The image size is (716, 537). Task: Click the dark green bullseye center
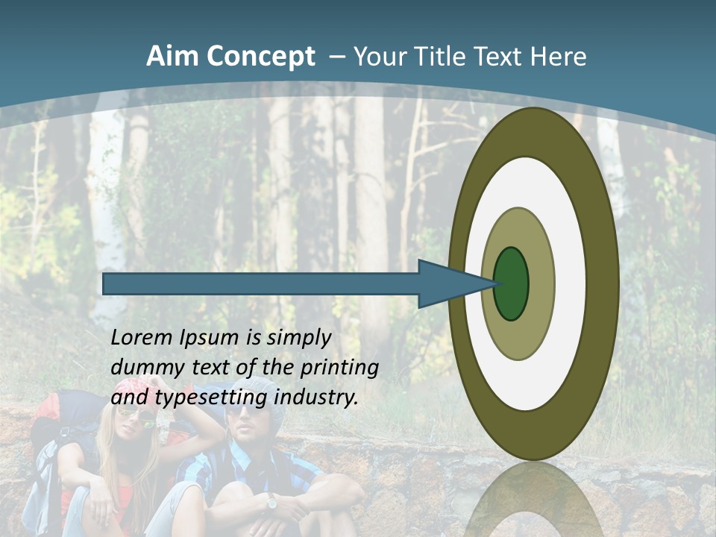pos(511,284)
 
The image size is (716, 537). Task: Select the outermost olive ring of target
pos(603,284)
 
